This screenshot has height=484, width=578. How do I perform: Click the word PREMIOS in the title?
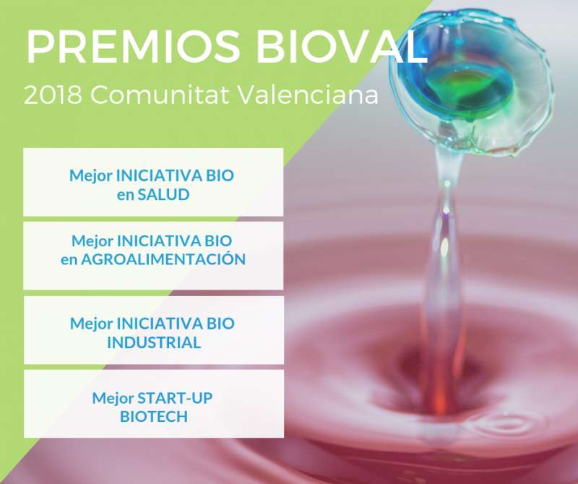point(133,47)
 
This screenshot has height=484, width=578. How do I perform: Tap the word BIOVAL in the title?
point(342,47)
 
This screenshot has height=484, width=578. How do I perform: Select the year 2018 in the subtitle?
point(53,95)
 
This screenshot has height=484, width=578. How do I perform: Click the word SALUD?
point(163,194)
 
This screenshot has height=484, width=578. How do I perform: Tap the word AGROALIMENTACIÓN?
point(163,259)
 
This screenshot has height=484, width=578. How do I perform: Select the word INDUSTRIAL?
point(154,342)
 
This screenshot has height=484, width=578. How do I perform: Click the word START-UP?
point(175,398)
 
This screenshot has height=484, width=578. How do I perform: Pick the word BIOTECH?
point(154,417)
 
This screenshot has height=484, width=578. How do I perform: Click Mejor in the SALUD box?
point(91,176)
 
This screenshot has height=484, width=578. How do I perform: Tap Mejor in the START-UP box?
point(113,399)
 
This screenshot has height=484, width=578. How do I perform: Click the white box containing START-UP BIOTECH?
point(154,404)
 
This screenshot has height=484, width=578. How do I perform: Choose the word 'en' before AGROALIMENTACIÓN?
point(69,260)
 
